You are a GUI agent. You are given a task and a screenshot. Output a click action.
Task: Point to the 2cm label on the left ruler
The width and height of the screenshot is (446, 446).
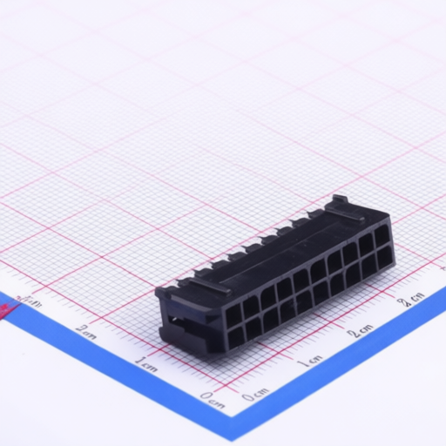point(85,330)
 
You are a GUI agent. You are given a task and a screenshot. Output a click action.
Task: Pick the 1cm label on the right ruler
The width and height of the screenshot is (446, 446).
point(309,361)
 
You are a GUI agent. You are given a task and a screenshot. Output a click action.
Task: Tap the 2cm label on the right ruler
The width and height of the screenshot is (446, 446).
point(360,330)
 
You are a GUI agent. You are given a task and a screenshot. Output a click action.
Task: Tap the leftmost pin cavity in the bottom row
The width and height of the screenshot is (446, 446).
point(236,336)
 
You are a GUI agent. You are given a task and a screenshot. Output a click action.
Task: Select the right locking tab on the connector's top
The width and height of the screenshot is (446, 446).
point(345,210)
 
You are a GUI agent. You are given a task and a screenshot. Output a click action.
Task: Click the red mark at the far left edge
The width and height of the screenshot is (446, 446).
point(7,312)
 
